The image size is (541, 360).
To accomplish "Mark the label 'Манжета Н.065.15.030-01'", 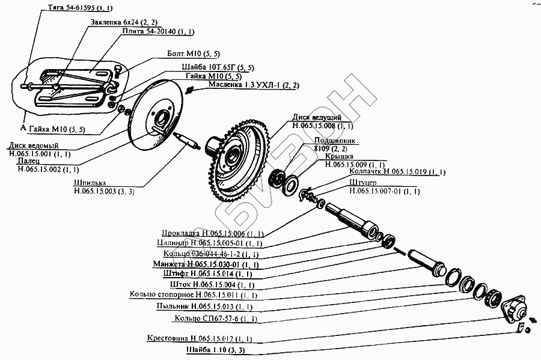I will [x=205, y=264].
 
